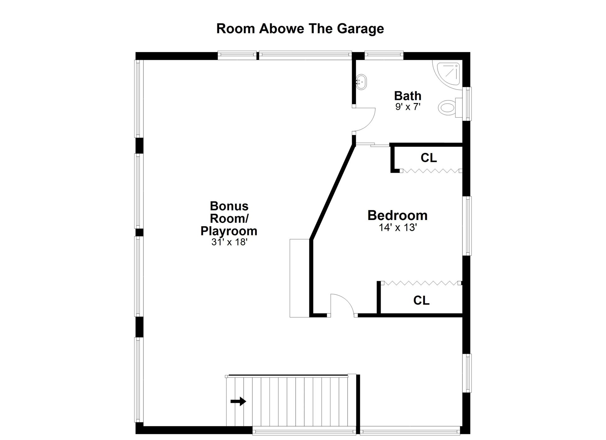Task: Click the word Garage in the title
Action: point(360,29)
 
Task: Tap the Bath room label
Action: point(407,96)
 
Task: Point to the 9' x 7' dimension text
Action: point(408,107)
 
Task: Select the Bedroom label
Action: point(397,215)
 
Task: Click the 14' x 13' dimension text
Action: point(398,227)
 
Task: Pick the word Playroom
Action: point(229,231)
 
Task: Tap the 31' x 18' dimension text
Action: point(229,242)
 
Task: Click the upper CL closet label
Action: point(429,158)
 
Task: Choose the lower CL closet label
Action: point(421,300)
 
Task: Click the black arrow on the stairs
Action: point(238,402)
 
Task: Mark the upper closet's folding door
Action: point(431,171)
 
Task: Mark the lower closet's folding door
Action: point(421,283)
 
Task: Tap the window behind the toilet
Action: point(467,104)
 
